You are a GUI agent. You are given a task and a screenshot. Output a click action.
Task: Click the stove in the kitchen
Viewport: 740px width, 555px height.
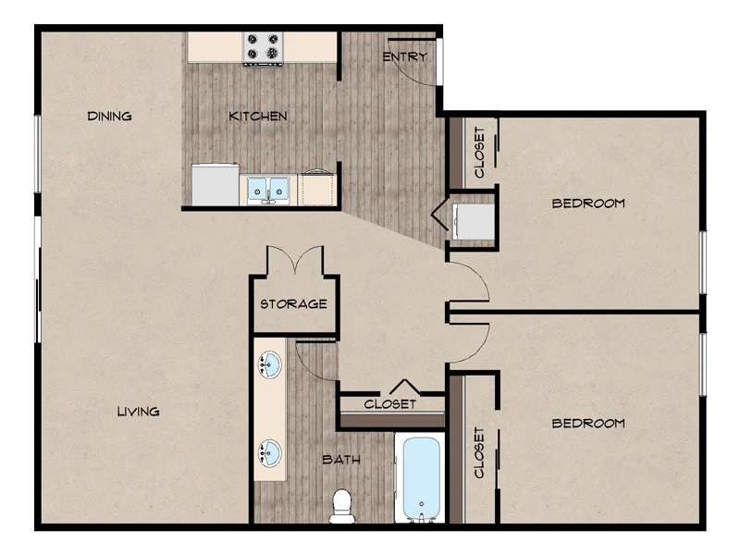(263, 49)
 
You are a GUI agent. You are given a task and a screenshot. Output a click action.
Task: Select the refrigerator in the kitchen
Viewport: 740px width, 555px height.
(216, 184)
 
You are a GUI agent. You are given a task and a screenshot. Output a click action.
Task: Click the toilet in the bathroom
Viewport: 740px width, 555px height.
(342, 506)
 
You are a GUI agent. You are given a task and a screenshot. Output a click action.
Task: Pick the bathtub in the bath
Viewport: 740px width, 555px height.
(421, 478)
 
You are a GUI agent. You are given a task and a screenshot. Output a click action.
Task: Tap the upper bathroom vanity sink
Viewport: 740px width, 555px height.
(269, 364)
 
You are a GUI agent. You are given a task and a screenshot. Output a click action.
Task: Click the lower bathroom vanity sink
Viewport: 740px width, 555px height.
(269, 453)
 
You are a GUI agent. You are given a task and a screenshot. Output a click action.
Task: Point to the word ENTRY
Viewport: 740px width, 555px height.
(404, 57)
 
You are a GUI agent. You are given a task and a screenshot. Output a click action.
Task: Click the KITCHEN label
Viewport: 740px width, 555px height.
(258, 117)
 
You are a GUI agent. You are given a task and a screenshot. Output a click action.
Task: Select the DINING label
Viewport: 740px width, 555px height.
(109, 117)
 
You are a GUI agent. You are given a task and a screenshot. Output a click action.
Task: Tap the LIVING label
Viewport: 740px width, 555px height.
(138, 412)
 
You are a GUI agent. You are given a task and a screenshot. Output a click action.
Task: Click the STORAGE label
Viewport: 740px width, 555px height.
(293, 304)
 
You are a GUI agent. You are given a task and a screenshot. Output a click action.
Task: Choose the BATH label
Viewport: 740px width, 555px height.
(341, 459)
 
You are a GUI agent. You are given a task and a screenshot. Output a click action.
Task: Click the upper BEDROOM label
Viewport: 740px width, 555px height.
(588, 203)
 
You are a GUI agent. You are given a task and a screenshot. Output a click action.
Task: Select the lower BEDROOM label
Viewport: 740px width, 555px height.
(588, 424)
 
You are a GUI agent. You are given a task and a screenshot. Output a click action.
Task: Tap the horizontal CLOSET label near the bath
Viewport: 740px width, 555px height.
(389, 404)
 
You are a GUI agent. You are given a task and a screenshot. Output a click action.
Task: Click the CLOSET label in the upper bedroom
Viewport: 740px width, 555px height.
(479, 153)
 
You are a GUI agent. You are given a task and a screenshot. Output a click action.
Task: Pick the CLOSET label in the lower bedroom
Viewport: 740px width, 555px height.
(479, 453)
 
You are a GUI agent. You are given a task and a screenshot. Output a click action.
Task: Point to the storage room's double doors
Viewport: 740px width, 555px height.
(295, 260)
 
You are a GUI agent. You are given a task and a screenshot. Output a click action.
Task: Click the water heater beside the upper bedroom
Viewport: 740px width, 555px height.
(474, 221)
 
